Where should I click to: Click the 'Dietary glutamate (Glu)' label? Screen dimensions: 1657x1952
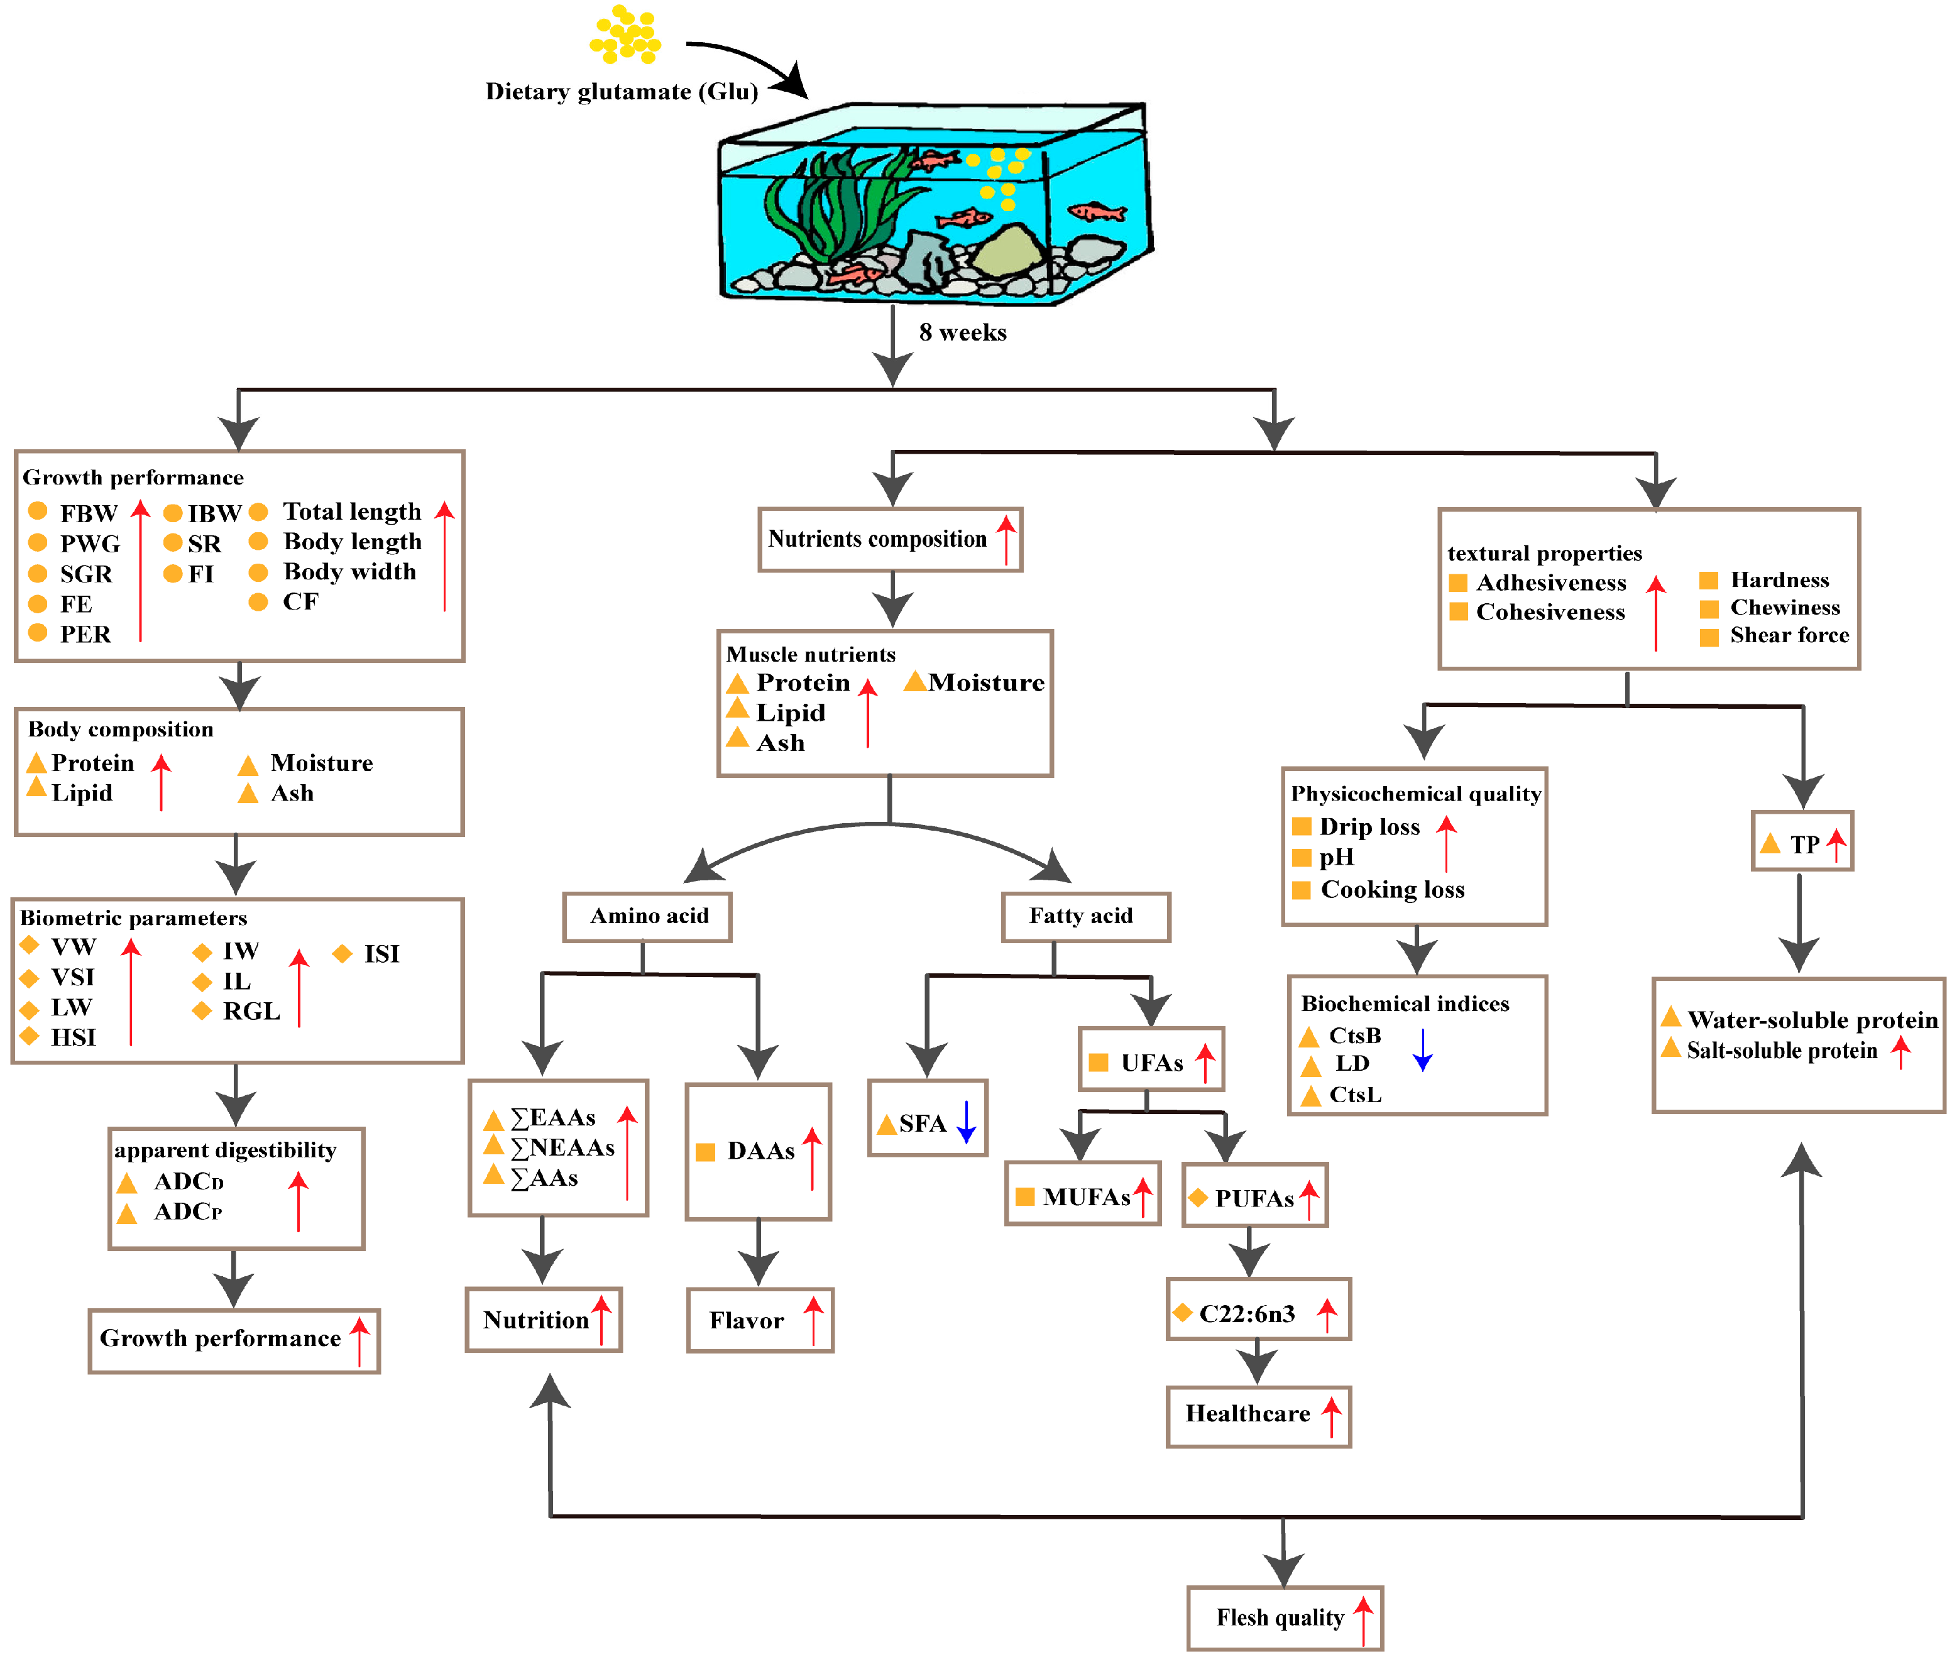pyautogui.click(x=621, y=91)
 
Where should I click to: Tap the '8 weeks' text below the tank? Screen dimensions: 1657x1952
pyautogui.click(x=962, y=332)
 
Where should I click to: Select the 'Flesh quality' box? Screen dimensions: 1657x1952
pyautogui.click(x=1283, y=1617)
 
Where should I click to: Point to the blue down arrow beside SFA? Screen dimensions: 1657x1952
pyautogui.click(x=966, y=1122)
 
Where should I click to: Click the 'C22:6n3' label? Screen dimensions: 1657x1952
pyautogui.click(x=1246, y=1313)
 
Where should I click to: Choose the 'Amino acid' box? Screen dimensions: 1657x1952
pyautogui.click(x=647, y=916)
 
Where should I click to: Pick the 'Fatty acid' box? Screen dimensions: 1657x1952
pyautogui.click(x=1085, y=916)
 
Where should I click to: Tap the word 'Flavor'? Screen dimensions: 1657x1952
pyautogui.click(x=746, y=1321)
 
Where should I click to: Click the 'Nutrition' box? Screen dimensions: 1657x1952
pyautogui.click(x=543, y=1320)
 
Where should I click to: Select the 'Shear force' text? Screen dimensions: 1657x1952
pyautogui.click(x=1789, y=635)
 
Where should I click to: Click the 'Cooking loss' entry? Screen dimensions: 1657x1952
pyautogui.click(x=1392, y=890)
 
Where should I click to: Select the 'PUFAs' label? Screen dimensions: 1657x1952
pyautogui.click(x=1253, y=1198)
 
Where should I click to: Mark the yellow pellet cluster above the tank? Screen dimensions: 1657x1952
pyautogui.click(x=625, y=36)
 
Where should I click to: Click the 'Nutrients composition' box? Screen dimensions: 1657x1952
pyautogui.click(x=889, y=539)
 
